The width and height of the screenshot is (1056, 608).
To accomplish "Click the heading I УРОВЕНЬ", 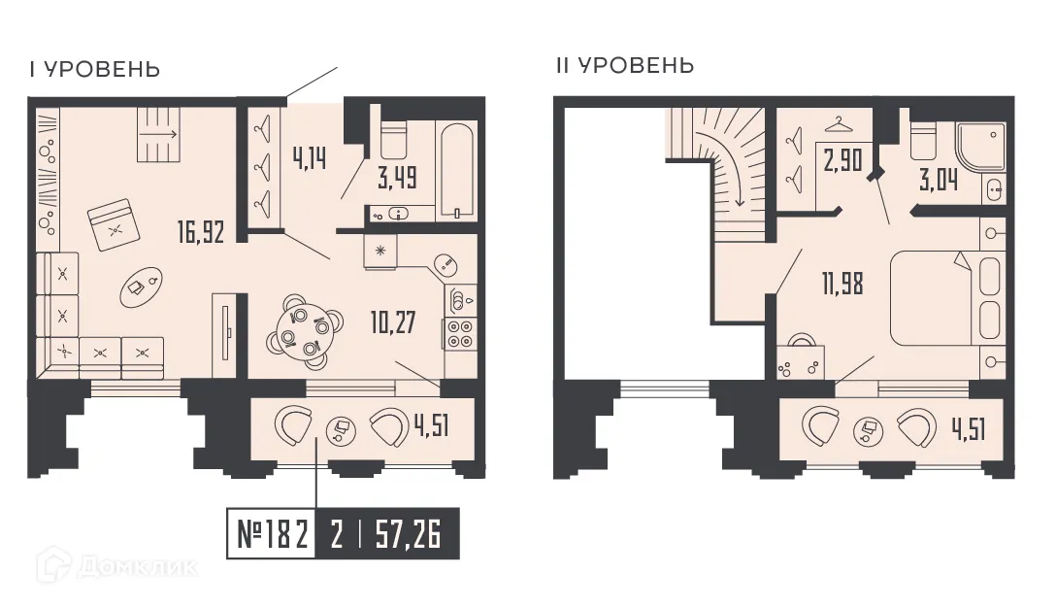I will [x=94, y=70].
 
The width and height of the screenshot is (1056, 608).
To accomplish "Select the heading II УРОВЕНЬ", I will [x=624, y=66].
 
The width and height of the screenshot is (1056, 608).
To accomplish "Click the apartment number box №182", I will [x=273, y=534].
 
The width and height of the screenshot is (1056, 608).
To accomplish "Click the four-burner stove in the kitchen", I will [x=459, y=333].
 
